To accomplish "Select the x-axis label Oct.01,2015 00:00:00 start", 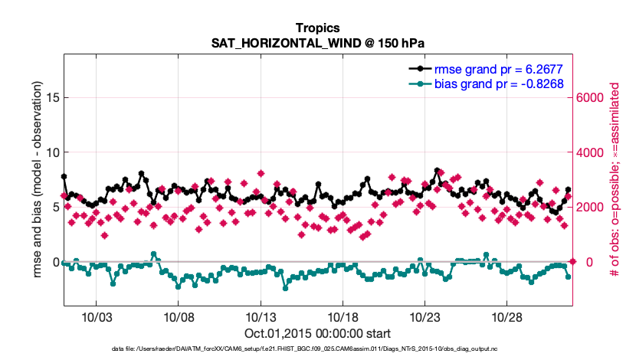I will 318,333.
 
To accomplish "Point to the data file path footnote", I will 318,349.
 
